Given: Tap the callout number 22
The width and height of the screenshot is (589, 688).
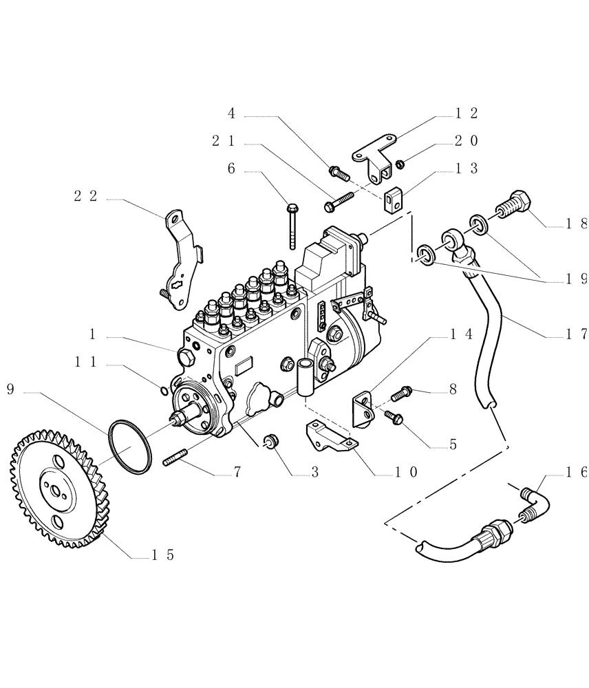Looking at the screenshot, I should pos(85,196).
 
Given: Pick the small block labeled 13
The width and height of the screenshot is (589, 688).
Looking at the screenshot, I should pos(393,200).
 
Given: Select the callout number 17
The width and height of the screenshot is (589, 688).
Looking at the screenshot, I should pos(576,334).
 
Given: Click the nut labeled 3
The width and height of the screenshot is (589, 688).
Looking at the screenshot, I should pos(270,440).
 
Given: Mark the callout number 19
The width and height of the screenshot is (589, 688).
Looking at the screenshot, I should pos(576,279).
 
